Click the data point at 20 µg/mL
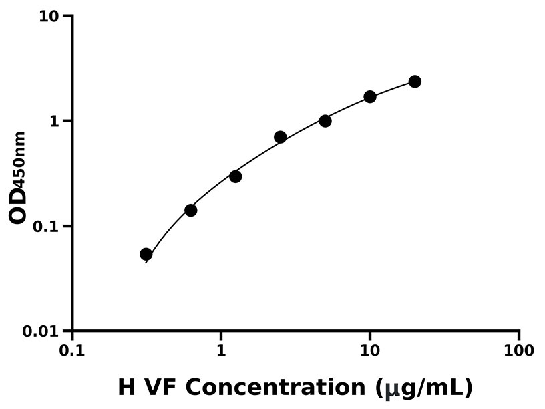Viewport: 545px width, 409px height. (415, 82)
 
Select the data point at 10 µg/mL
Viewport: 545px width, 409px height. (370, 97)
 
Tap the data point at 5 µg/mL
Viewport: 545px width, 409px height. (325, 121)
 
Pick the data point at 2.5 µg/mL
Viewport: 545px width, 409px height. (280, 137)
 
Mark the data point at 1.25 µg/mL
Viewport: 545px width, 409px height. (235, 176)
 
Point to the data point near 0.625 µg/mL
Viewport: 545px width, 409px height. (190, 210)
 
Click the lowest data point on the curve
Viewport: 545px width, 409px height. (146, 254)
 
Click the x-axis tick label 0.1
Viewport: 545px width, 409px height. (72, 350)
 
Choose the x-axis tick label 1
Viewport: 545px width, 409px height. (221, 350)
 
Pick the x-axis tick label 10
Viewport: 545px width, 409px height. (370, 350)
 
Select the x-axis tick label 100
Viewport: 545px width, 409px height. (519, 350)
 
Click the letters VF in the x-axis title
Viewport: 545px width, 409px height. (169, 387)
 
